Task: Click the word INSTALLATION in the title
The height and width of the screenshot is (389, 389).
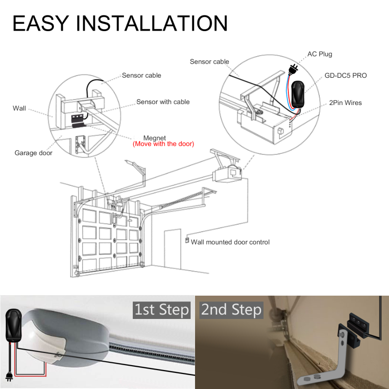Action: [x=152, y=23]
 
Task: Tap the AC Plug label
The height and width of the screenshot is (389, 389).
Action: [x=319, y=54]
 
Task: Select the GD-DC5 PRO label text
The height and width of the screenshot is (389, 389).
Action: [x=345, y=76]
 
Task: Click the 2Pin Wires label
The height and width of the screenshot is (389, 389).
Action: [x=345, y=103]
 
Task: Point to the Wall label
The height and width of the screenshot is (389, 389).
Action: [x=19, y=108]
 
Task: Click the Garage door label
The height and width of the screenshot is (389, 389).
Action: [x=33, y=153]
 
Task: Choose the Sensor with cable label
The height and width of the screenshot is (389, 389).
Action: [x=163, y=102]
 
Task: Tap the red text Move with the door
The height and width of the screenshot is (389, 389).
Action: [x=163, y=144]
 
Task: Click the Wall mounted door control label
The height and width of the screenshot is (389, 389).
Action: [x=230, y=242]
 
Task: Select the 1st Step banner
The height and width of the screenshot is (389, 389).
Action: [x=161, y=310]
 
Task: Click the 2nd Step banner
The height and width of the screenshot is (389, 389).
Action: [x=231, y=310]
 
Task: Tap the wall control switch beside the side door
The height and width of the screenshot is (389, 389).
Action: [x=187, y=240]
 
